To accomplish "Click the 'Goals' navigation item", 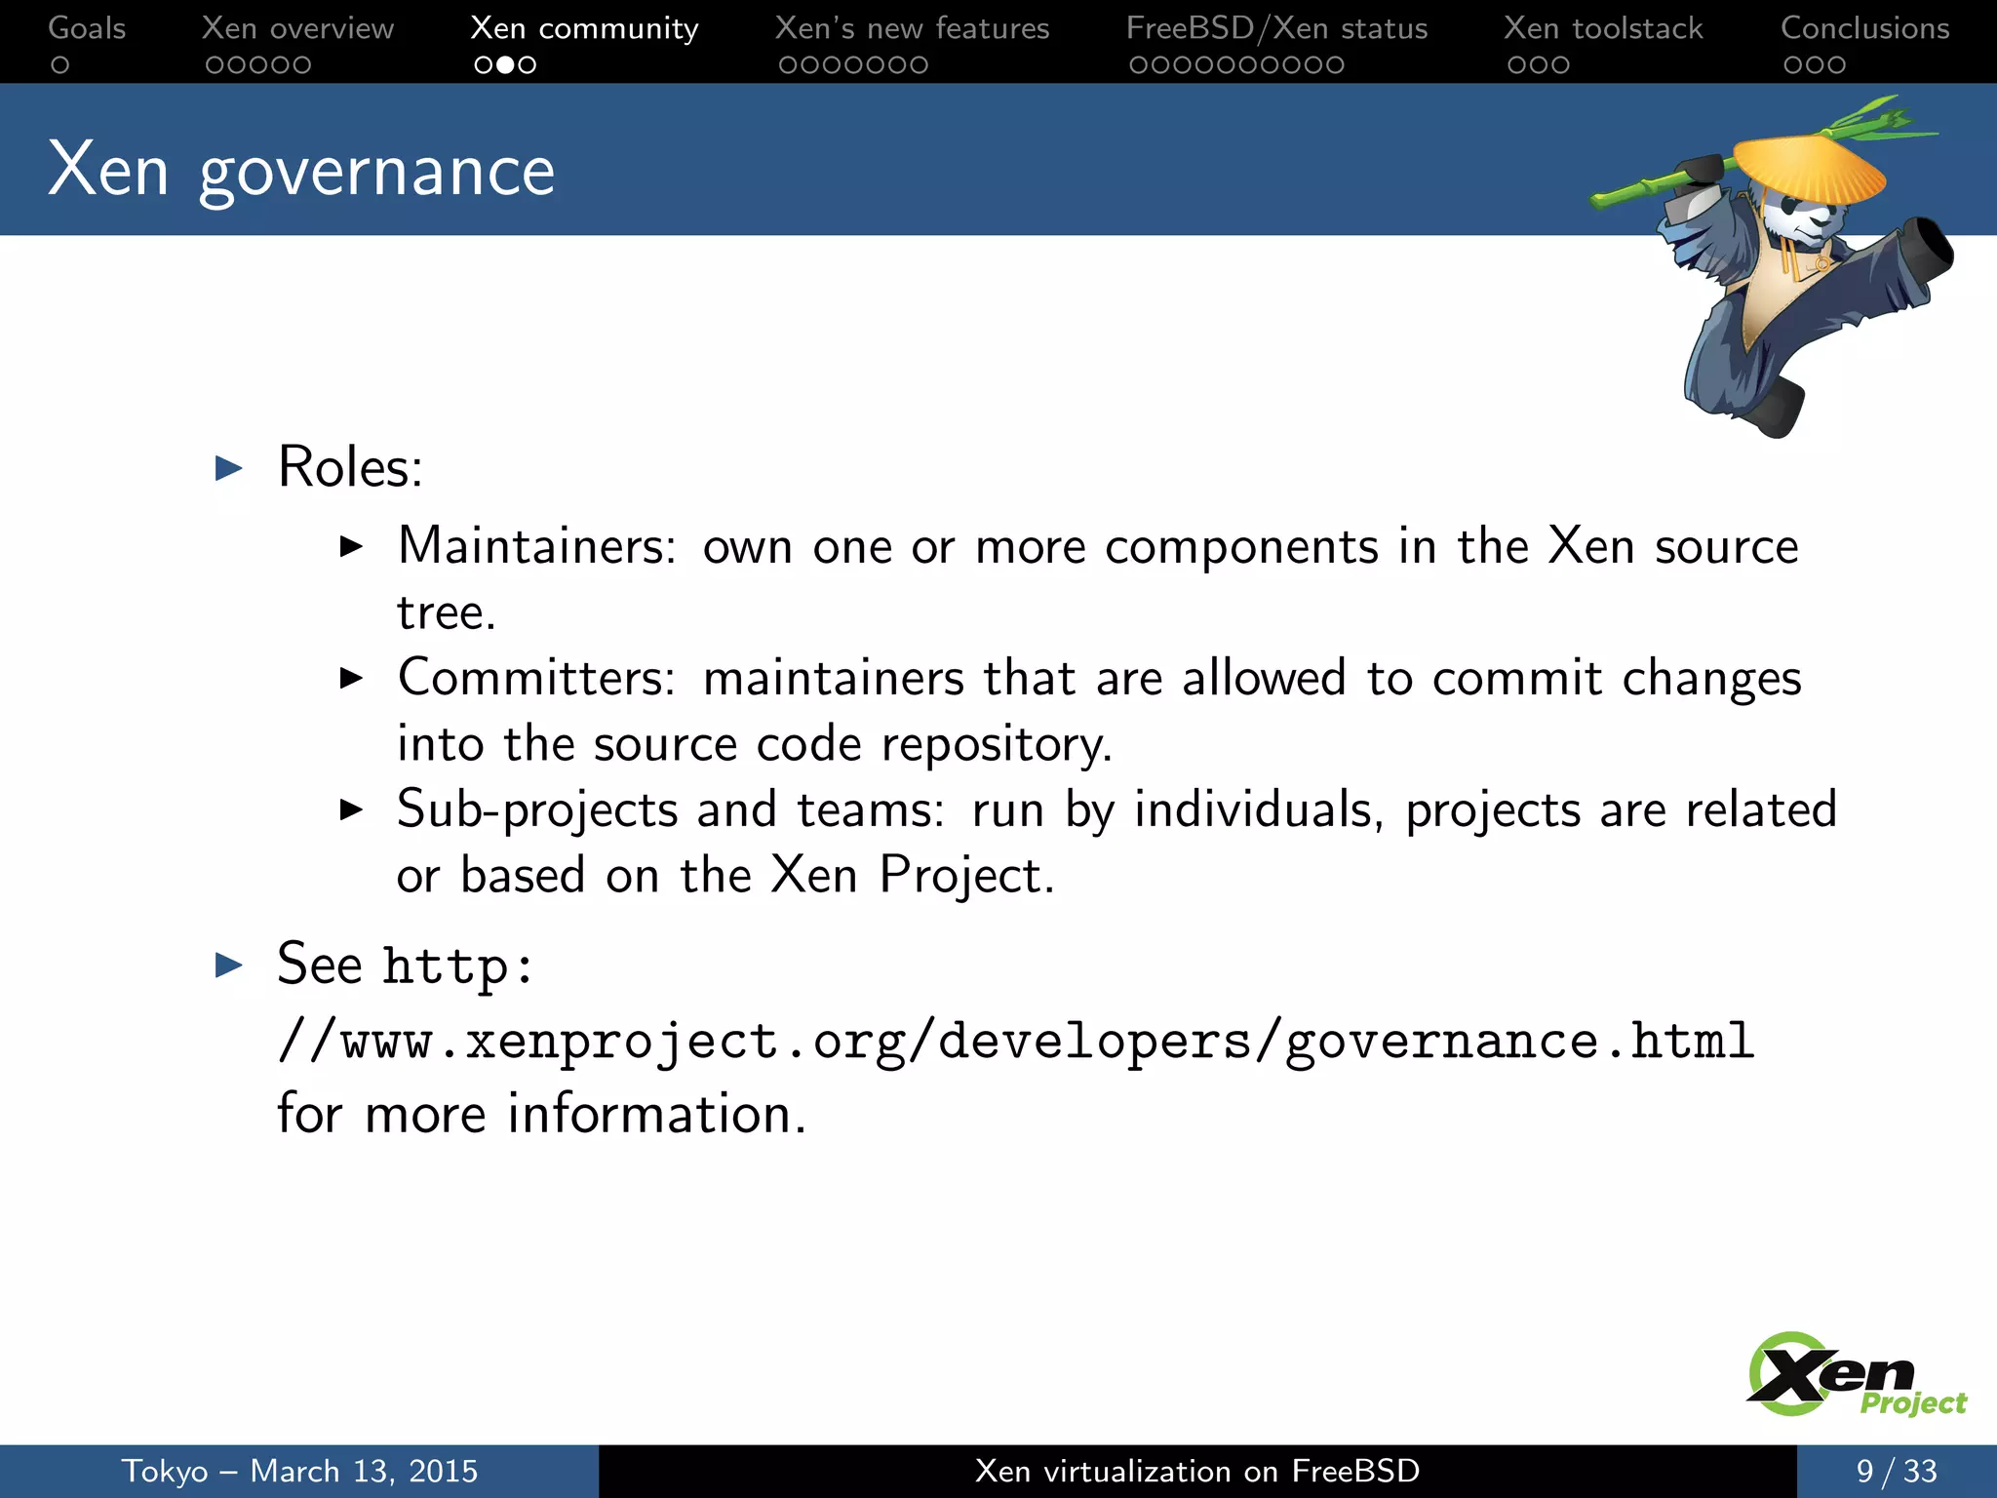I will click(x=87, y=28).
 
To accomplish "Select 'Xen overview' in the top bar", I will click(x=297, y=28).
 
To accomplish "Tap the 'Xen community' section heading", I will click(x=584, y=28).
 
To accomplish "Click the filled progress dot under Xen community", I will click(x=505, y=65).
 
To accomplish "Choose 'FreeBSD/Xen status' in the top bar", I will click(x=1276, y=28).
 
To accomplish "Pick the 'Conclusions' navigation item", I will click(x=1864, y=28).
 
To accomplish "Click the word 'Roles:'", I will click(x=350, y=467).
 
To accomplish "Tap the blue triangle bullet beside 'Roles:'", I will click(x=229, y=468).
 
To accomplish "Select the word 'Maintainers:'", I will click(x=536, y=546).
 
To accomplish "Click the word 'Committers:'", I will click(x=536, y=678).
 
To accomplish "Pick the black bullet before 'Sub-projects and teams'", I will click(x=351, y=809).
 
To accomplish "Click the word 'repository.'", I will click(x=997, y=745).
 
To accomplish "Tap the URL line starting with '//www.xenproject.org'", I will click(x=1015, y=1041).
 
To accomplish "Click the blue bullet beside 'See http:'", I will click(x=229, y=966).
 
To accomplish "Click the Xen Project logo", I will click(x=1853, y=1375).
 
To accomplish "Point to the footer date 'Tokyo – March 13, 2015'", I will click(x=299, y=1471).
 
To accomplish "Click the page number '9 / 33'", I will click(x=1896, y=1471).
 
